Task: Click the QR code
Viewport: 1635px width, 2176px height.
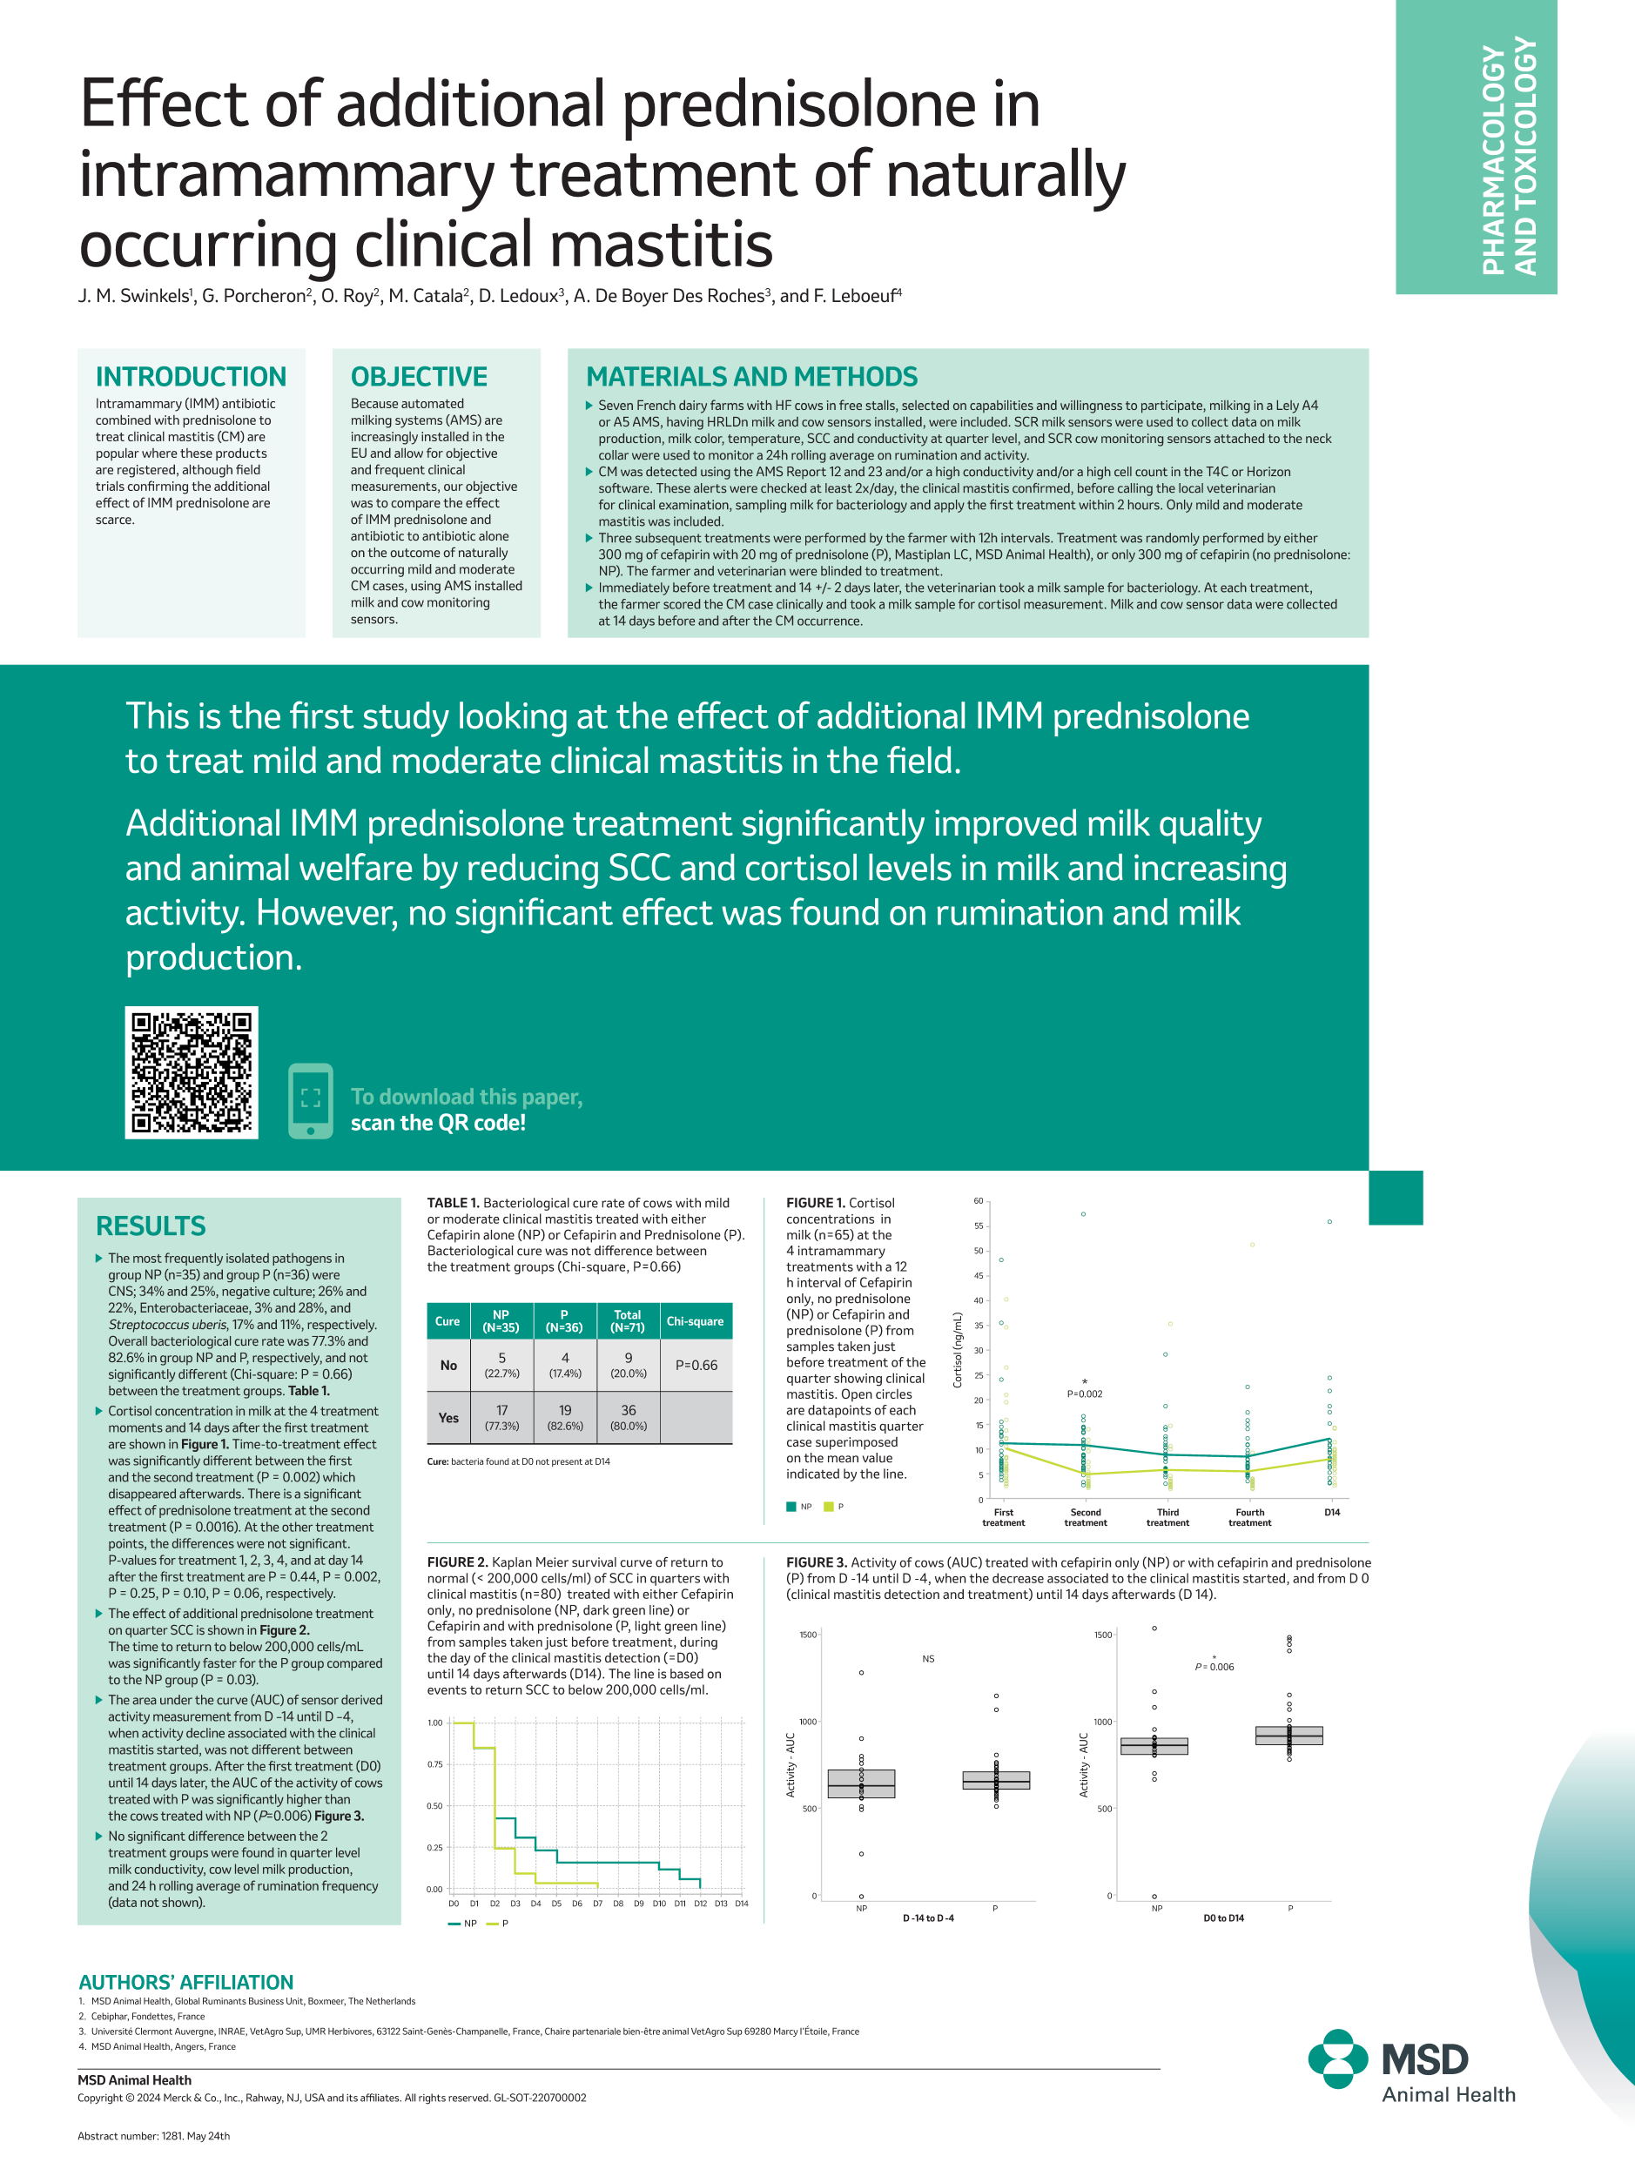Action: click(x=192, y=1072)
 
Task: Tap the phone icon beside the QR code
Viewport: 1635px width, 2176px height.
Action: click(x=311, y=1100)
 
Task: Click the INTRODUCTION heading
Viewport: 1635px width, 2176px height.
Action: click(x=191, y=377)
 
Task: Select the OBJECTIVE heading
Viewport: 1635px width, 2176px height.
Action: click(x=419, y=377)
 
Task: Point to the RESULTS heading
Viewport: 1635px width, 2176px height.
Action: click(x=151, y=1226)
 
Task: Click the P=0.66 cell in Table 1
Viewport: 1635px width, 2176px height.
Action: click(x=696, y=1366)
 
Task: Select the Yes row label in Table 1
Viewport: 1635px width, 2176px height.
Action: click(x=448, y=1418)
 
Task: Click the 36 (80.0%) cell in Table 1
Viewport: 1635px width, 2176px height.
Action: click(x=628, y=1418)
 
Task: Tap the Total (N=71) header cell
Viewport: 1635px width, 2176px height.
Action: click(x=628, y=1321)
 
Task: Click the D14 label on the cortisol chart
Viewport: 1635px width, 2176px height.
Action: click(x=1332, y=1512)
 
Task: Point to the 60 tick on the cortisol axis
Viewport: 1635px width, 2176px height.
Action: click(x=978, y=1201)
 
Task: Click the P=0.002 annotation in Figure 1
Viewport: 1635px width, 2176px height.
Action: click(x=1085, y=1394)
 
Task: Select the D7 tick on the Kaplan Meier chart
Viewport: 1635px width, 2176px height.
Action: click(x=597, y=1904)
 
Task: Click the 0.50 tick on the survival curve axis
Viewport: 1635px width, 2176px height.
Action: click(x=434, y=1806)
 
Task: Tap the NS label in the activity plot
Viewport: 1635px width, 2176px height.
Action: click(x=929, y=1659)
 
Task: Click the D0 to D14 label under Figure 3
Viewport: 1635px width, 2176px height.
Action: click(x=1224, y=1918)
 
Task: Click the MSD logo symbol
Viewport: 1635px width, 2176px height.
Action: click(x=1338, y=2059)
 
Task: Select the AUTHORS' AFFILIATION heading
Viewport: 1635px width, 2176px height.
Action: click(x=186, y=1982)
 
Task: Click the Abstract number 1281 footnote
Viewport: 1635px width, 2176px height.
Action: click(x=153, y=2136)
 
